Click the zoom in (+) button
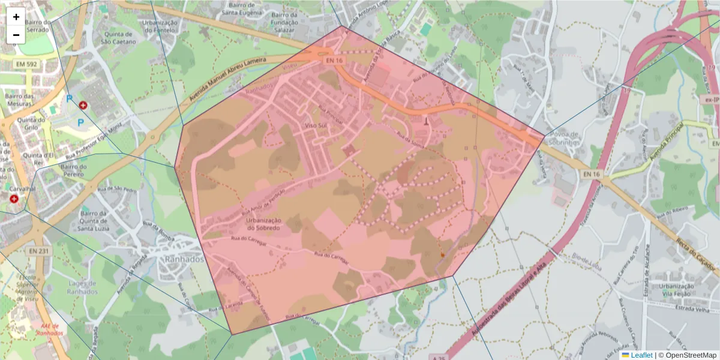pos(16,17)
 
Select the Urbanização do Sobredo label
pos(263,224)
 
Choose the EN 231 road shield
pos(39,251)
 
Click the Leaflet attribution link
pos(641,355)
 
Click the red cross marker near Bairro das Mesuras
pos(83,105)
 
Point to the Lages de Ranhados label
pos(75,287)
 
